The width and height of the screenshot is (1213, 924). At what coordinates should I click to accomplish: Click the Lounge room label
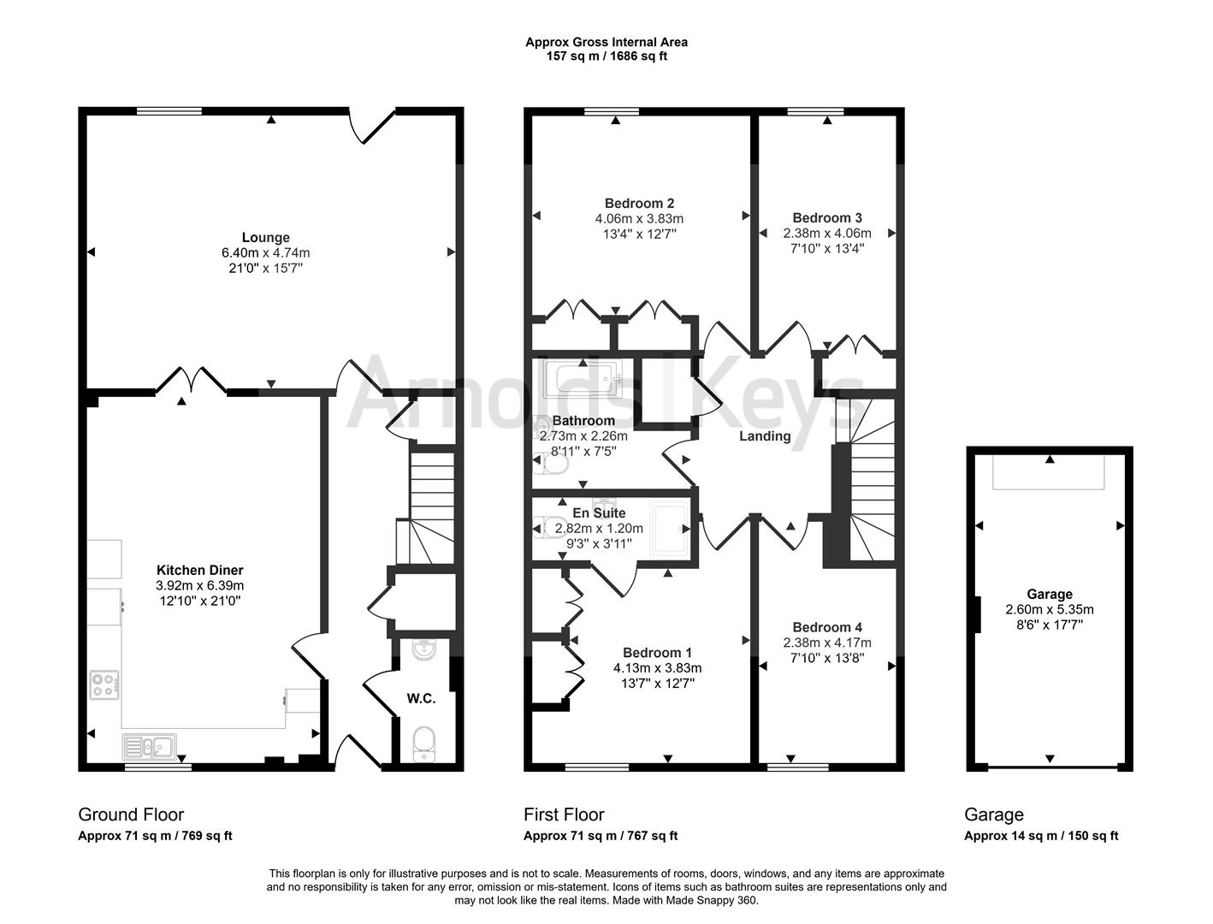point(265,238)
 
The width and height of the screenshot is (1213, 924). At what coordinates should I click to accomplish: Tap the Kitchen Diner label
point(199,570)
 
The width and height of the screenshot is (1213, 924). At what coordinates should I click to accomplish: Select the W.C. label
point(421,698)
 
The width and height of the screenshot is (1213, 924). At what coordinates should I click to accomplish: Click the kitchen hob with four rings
point(104,684)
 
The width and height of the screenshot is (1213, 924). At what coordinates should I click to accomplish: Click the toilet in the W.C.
point(423,743)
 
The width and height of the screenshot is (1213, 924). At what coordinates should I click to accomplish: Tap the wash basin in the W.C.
point(423,653)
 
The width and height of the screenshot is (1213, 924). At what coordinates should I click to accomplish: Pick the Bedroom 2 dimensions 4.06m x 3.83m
point(639,218)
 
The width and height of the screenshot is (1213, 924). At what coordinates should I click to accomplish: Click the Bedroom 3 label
point(827,217)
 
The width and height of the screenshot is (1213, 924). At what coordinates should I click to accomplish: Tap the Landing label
point(764,436)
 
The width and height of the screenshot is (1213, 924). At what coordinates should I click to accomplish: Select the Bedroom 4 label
point(827,627)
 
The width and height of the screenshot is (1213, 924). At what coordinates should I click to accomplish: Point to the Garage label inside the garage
point(1050,594)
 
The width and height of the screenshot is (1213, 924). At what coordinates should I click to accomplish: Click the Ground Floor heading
point(131,814)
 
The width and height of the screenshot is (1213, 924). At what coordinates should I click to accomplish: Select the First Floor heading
point(564,814)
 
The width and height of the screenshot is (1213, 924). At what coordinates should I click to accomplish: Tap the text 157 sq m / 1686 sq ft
point(606,56)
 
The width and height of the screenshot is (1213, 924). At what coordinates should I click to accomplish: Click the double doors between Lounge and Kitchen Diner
point(191,381)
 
